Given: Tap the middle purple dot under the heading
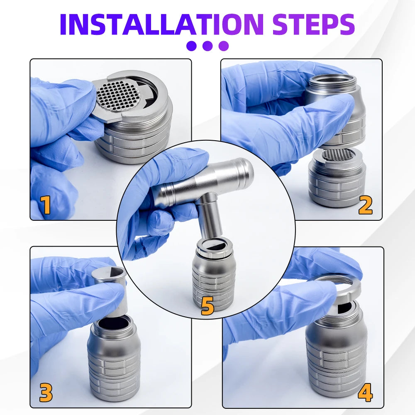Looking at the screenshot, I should [207, 46].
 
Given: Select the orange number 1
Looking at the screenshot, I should [45, 205].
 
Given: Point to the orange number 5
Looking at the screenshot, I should [207, 306].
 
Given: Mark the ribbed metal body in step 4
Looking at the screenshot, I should [336, 357].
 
